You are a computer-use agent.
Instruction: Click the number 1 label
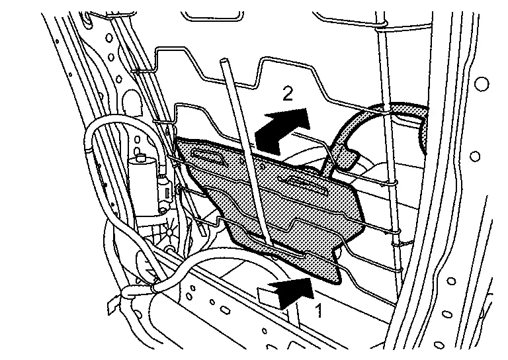pyautogui.click(x=319, y=308)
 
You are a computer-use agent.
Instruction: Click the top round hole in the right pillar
pyautogui.click(x=482, y=84)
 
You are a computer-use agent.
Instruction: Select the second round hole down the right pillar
pyautogui.click(x=474, y=156)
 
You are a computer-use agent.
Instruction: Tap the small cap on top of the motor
pyautogui.click(x=140, y=158)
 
